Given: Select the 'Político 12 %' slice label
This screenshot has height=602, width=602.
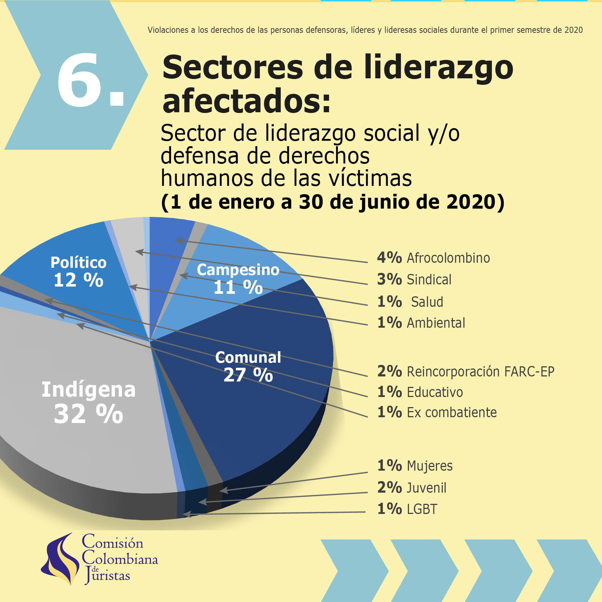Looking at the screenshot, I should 78,271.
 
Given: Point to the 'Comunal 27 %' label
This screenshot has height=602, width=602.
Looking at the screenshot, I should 248,366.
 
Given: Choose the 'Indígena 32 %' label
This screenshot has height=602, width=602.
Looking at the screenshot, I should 88,401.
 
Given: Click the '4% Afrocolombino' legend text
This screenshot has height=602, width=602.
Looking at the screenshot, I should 433,258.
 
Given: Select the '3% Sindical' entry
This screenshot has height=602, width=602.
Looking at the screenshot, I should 414,279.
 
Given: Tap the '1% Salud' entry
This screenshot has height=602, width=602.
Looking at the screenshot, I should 410,302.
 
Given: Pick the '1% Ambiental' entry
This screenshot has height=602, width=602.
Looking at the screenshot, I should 421,323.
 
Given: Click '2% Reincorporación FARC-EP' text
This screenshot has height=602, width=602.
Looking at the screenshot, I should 465,371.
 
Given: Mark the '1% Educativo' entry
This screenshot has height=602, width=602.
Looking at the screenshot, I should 420,392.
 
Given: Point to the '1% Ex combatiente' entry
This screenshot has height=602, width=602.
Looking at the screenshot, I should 437,412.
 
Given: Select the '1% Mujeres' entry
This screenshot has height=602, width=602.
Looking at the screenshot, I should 415,466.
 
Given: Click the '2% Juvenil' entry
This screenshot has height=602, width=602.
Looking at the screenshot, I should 411,488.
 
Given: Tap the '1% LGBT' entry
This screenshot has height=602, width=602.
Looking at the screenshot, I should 407,509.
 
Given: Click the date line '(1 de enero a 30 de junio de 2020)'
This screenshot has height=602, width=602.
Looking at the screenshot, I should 332,202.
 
